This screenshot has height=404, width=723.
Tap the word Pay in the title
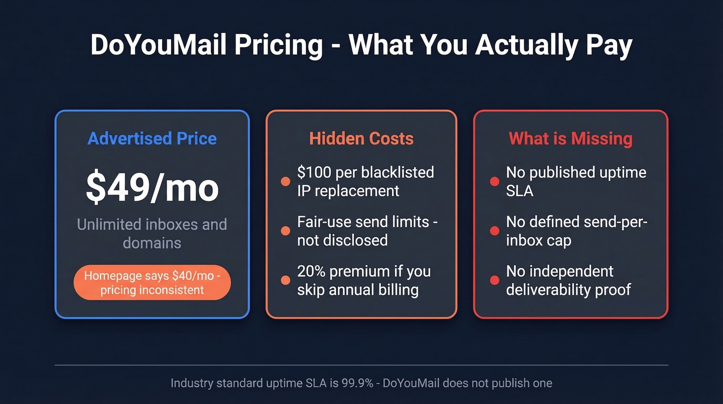[x=609, y=45]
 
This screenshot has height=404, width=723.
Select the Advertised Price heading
[x=152, y=139]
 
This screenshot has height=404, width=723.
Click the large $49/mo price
[x=152, y=187]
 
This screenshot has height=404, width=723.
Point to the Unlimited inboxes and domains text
[x=152, y=233]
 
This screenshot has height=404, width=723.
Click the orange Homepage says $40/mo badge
[x=152, y=282]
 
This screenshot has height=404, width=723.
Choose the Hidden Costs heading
[x=361, y=139]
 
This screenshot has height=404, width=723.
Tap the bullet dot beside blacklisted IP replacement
[x=285, y=182]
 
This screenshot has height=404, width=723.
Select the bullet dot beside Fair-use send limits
[x=285, y=231]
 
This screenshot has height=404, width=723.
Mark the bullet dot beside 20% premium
[x=285, y=280]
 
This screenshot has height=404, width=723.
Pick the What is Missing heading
[x=571, y=139]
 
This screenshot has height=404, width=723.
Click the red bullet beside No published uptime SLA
[x=494, y=182]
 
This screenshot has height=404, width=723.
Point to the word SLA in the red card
[x=520, y=191]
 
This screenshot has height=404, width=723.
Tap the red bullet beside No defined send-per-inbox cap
[x=494, y=231]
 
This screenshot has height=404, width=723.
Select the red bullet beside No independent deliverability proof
[x=494, y=280]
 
